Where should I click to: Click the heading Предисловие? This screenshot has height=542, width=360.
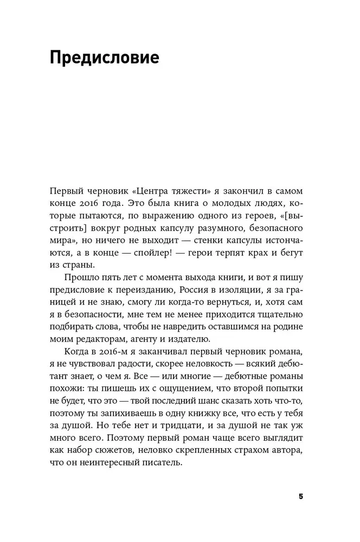pos(104,57)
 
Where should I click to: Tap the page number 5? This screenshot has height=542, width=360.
pos(301,498)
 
